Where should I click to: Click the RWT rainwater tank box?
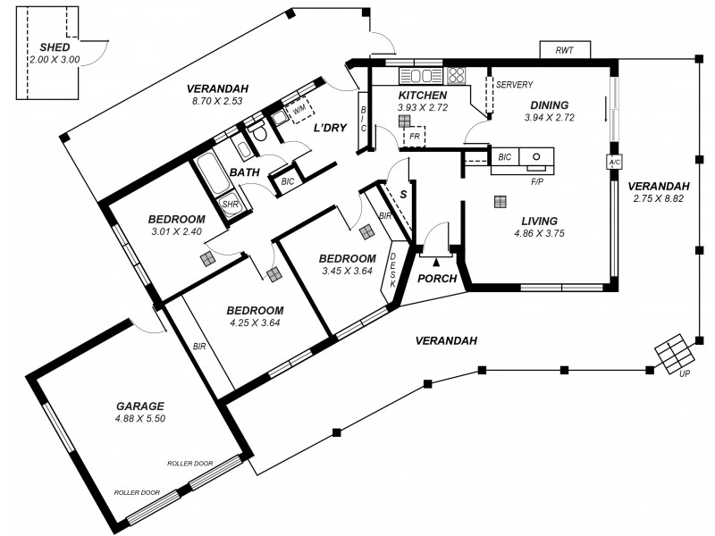click(564, 51)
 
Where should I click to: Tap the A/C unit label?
click(614, 163)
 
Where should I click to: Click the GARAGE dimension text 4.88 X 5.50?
click(140, 418)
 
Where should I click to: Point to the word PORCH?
click(437, 279)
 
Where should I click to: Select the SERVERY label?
click(515, 85)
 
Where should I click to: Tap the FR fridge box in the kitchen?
click(414, 138)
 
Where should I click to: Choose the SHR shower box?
click(231, 204)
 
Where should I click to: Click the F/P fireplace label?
click(537, 181)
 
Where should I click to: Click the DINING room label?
click(549, 105)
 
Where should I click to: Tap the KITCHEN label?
click(422, 95)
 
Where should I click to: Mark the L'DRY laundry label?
click(329, 128)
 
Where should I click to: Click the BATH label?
click(244, 172)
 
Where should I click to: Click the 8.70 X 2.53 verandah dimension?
click(216, 102)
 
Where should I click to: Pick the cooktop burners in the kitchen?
click(456, 75)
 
